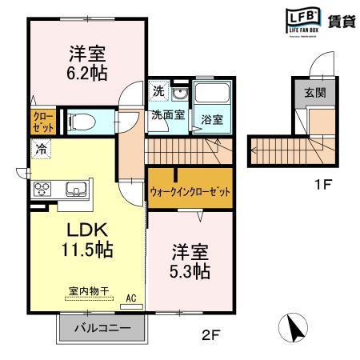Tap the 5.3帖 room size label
coord(191,271)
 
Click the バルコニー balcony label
coord(103,328)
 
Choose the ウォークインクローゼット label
coord(190,192)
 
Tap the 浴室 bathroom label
coord(212,119)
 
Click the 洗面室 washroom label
coord(169,114)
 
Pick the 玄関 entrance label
coord(314,92)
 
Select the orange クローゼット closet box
coord(43,122)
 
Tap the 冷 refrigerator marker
coord(39,148)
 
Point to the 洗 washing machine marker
coord(158,90)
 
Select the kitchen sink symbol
coord(76,189)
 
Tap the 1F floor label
coord(322,185)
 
